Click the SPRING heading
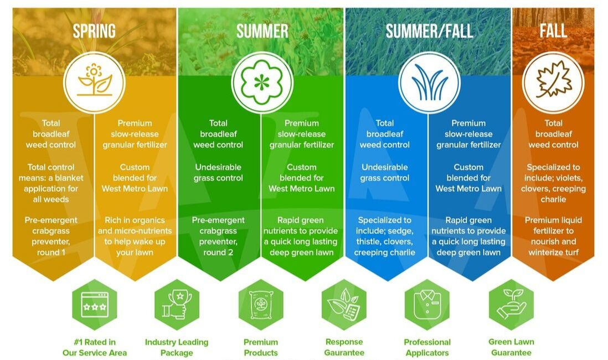94,31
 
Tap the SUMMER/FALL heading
429,31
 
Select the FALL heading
553,31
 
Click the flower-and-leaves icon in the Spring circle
94,82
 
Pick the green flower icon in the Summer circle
262,82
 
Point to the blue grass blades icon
429,82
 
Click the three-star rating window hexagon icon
94,305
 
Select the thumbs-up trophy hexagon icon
177,305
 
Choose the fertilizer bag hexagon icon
261,305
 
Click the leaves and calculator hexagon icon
344,305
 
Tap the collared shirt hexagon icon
427,305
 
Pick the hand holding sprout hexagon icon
511,305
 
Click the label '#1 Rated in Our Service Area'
94,347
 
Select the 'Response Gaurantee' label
344,347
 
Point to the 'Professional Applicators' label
427,347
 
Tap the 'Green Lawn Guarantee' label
511,347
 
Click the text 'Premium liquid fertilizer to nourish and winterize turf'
553,236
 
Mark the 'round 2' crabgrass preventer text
218,252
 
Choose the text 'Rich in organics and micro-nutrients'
135,225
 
